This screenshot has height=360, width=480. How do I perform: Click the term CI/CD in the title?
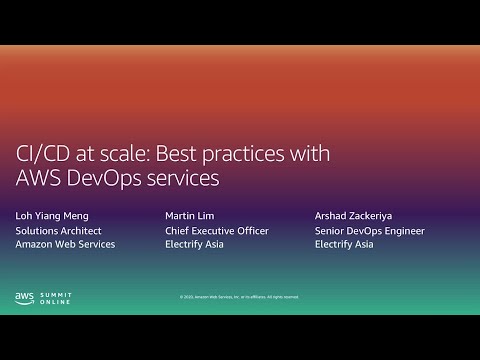pyautogui.click(x=45, y=155)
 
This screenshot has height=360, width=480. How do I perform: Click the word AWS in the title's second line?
pyautogui.click(x=39, y=180)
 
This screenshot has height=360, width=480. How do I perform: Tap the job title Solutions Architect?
pyautogui.click(x=58, y=230)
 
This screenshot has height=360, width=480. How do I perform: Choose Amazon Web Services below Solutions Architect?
pyautogui.click(x=64, y=244)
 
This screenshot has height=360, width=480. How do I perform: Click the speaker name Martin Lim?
pyautogui.click(x=189, y=215)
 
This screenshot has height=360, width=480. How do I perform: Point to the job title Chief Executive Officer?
pyautogui.click(x=216, y=230)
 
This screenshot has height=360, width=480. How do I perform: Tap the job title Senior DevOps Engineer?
pyautogui.click(x=369, y=230)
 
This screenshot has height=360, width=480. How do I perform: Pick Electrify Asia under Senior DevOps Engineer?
pyautogui.click(x=343, y=244)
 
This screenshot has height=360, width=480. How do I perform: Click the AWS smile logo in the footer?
pyautogui.click(x=25, y=297)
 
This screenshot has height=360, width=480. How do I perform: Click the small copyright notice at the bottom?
pyautogui.click(x=239, y=297)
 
